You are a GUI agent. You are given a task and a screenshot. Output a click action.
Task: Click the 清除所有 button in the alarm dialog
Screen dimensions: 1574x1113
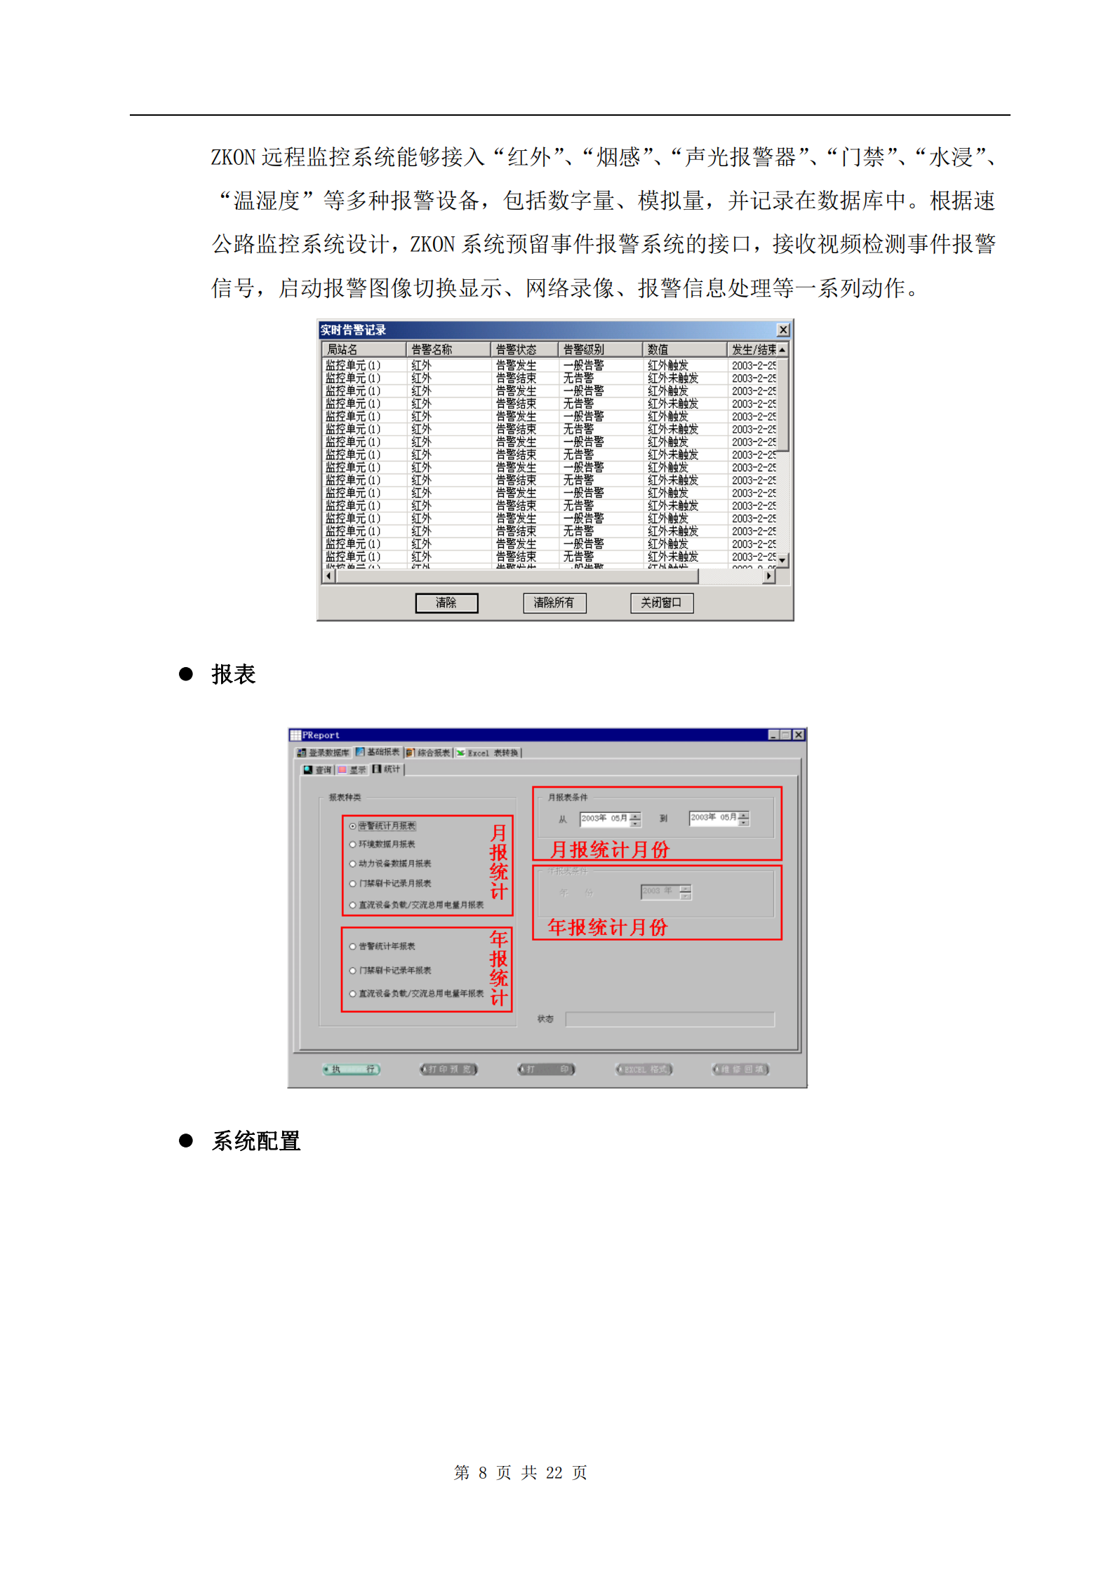[x=554, y=603]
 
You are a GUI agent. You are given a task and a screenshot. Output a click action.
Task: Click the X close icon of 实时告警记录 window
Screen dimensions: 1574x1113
[x=783, y=330]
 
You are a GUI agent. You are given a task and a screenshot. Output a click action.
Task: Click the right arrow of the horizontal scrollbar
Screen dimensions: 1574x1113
[x=769, y=576]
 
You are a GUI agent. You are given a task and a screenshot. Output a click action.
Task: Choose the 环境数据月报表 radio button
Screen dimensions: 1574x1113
[x=353, y=845]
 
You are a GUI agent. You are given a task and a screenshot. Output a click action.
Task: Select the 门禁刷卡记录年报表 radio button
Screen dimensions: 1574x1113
[x=353, y=970]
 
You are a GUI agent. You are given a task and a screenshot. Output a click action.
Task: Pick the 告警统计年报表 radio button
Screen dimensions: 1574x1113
[x=353, y=946]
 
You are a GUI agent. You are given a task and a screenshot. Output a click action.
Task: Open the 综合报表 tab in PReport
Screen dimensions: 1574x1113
[x=429, y=753]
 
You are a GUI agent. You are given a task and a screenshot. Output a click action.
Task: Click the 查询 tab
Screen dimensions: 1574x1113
[x=318, y=769]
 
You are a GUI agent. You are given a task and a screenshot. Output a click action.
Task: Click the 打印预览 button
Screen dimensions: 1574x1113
[x=448, y=1069]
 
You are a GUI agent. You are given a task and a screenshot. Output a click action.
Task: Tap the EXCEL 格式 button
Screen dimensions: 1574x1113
[x=644, y=1069]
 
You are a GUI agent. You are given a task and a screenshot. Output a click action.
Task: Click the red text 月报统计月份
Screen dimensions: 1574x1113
[x=609, y=850]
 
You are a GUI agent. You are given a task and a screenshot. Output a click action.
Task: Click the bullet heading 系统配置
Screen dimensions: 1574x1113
[x=256, y=1141]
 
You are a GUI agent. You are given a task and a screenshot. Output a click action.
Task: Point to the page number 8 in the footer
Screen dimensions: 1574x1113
[x=483, y=1472]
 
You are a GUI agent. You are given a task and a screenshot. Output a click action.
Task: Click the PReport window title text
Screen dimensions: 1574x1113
[x=321, y=735]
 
